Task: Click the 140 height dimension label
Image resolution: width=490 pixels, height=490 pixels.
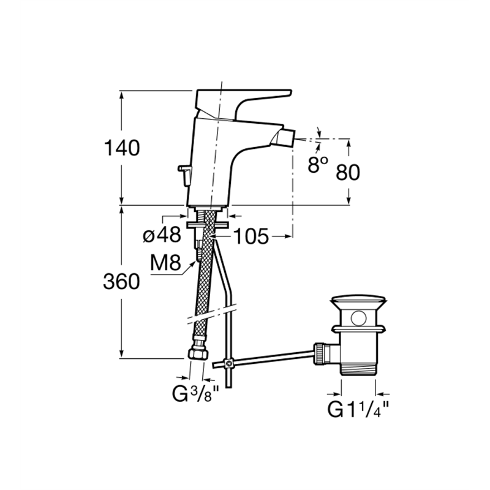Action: point(122,148)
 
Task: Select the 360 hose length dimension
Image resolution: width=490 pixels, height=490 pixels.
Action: point(121,282)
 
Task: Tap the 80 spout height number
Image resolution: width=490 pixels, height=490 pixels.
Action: point(348,172)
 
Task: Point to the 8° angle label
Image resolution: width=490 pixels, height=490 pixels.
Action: point(318,165)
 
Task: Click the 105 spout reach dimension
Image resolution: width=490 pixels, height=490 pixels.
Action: point(251,236)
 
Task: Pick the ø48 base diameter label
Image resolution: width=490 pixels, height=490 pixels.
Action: point(162,235)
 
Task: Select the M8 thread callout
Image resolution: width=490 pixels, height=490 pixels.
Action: point(165,263)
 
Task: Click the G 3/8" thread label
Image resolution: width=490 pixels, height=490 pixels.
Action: point(196,394)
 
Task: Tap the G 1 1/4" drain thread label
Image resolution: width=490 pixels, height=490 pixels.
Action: point(358,409)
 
